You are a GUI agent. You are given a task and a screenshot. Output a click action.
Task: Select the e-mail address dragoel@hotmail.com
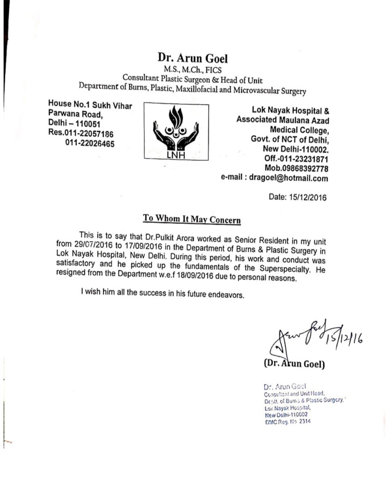click(288, 178)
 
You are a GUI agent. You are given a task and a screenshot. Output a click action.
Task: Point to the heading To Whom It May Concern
click(191, 218)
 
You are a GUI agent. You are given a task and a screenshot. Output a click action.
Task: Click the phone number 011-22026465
click(90, 143)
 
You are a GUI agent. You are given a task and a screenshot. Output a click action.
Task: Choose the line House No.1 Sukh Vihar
click(90, 105)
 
